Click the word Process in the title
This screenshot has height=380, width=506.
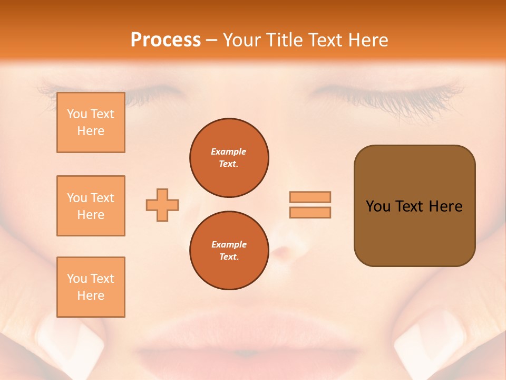(166, 40)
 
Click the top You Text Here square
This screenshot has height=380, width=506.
(91, 122)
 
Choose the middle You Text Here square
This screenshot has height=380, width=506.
(91, 206)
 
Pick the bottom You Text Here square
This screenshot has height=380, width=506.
(91, 287)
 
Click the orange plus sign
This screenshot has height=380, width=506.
(162, 205)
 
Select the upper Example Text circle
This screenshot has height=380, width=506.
(229, 158)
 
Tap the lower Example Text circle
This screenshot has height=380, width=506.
(229, 251)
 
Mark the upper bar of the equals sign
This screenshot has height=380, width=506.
(310, 197)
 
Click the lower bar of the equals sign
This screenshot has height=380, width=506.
(310, 212)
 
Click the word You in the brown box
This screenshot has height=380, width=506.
(378, 206)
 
